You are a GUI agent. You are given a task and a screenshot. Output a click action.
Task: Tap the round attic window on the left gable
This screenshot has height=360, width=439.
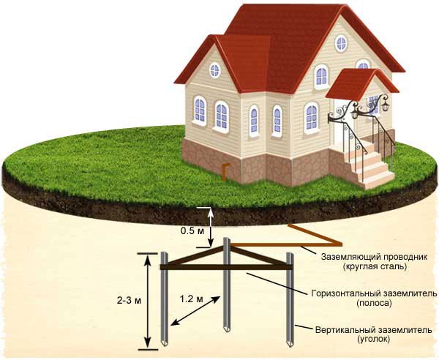(x=214, y=70)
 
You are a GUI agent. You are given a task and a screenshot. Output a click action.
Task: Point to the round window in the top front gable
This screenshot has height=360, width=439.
(x=340, y=42)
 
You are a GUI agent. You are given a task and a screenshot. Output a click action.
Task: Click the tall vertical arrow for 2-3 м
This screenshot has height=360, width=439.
(x=148, y=300)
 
